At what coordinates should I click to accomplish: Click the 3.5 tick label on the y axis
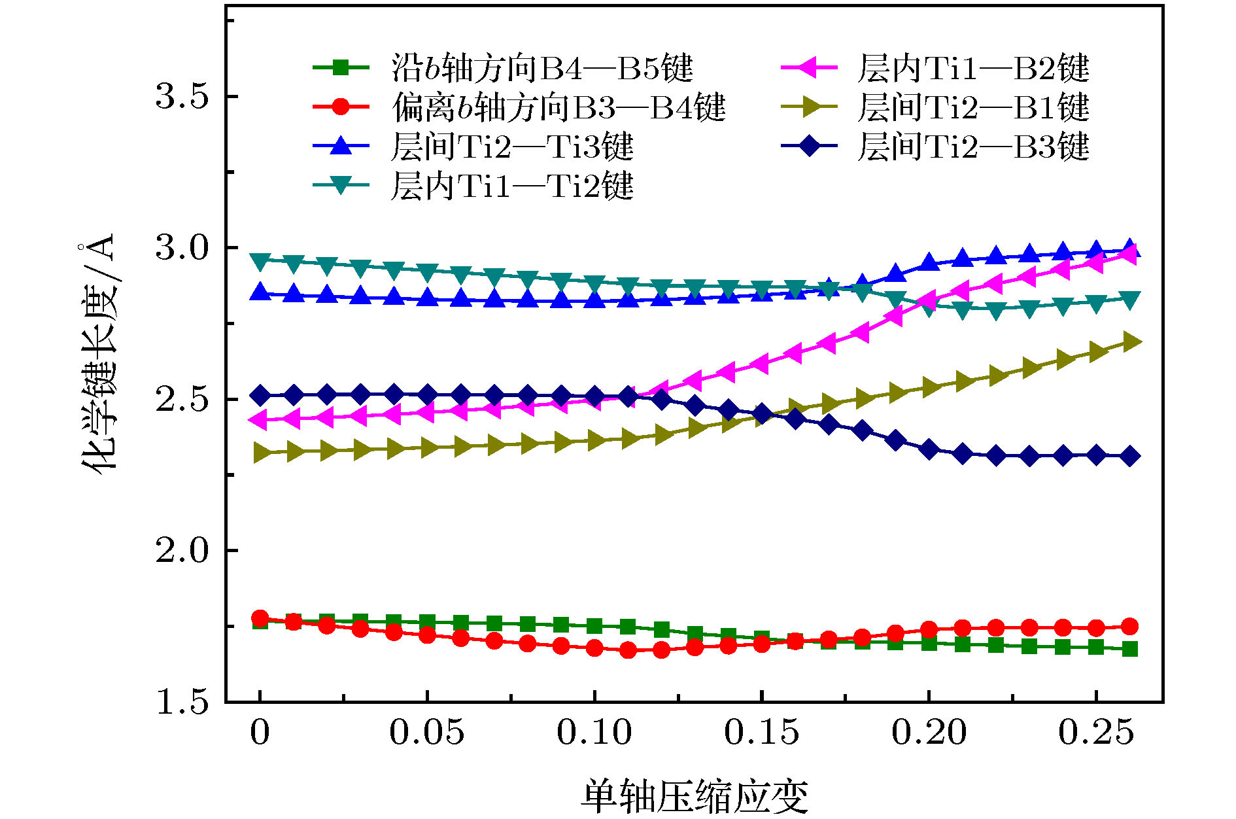182,97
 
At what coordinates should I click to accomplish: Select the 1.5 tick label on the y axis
182,702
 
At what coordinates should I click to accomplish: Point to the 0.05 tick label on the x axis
427,733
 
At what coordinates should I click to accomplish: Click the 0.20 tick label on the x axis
929,733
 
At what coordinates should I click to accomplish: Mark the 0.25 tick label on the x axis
1096,733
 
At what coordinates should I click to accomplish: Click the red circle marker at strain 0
260,618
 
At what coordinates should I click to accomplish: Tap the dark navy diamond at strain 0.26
1129,456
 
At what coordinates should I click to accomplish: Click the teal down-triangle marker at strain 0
260,262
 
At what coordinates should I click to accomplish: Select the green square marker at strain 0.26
1129,649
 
